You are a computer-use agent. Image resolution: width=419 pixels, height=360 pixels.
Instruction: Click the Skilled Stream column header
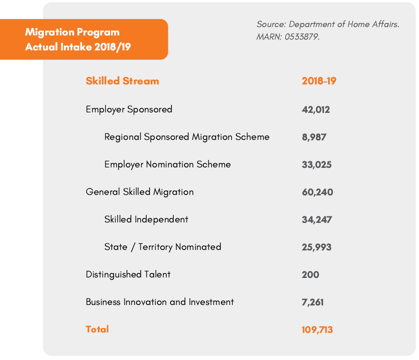pos(122,81)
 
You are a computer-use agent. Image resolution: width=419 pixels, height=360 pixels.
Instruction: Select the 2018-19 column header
pos(319,81)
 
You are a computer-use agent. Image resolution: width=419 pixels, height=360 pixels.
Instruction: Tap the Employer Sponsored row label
pos(129,109)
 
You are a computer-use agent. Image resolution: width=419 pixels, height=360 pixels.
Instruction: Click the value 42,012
pos(316,110)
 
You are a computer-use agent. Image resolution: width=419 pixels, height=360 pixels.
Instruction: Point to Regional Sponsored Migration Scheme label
pos(187,137)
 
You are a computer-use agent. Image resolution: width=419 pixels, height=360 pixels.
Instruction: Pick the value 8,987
pos(314,138)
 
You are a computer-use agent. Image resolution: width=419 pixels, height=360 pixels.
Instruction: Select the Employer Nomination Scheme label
pos(167,165)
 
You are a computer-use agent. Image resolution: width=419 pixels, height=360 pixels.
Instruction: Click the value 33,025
pos(316,165)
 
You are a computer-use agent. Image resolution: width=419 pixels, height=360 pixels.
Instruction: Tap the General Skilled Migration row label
pos(139,192)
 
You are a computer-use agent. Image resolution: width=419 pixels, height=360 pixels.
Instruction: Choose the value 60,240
pos(317,192)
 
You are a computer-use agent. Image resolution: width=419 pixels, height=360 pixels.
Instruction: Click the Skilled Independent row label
pos(146,220)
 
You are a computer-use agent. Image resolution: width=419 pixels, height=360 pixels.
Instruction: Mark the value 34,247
pos(316,220)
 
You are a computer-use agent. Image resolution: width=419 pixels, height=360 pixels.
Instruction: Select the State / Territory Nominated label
pos(163,247)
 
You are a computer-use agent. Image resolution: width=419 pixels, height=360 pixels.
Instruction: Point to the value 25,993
pos(316,247)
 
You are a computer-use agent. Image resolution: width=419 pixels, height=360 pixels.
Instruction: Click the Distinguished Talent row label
pos(128,275)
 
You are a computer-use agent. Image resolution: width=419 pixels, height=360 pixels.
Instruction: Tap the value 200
pos(310,275)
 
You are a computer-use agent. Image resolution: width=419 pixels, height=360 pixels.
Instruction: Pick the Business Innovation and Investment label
pos(160,302)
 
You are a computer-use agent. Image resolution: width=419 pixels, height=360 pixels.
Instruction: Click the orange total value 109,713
pos(317,330)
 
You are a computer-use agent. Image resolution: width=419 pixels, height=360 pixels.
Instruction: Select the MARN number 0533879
pos(302,37)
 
